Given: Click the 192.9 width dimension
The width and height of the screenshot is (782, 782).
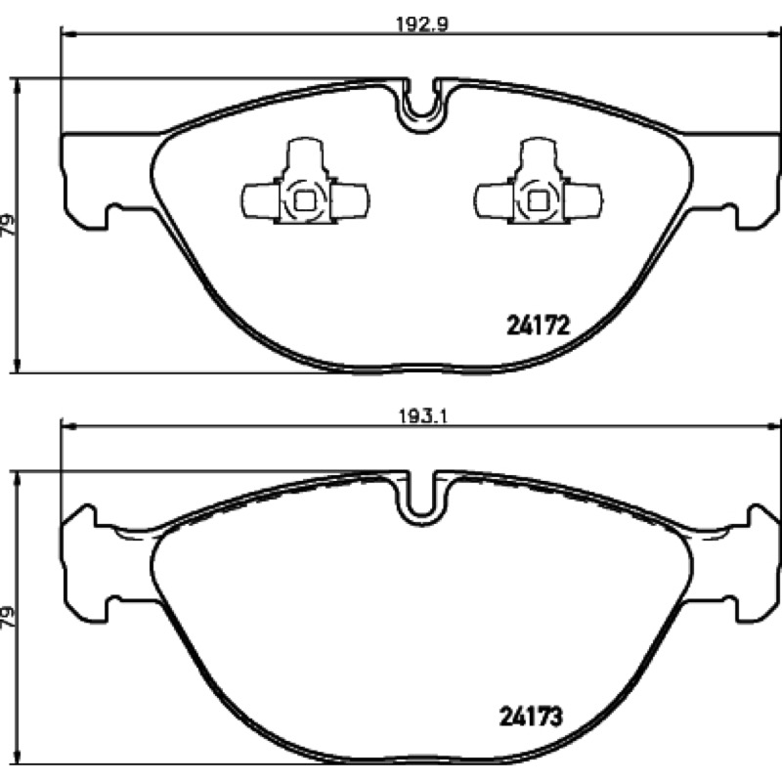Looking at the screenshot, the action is click(x=422, y=23).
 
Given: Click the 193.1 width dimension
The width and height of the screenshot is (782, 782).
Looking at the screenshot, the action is click(x=422, y=414).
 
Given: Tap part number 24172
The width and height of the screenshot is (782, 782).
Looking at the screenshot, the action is click(x=539, y=326).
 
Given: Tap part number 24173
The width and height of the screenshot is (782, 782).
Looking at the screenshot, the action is click(x=531, y=717).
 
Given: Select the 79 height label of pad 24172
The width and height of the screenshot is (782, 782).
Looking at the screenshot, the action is click(x=8, y=226).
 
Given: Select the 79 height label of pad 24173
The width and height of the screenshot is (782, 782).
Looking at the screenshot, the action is click(x=8, y=617).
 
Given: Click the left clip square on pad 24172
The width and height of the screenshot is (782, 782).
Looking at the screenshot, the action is click(x=304, y=201).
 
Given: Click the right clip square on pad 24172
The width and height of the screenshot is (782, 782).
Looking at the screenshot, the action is click(x=538, y=201).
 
